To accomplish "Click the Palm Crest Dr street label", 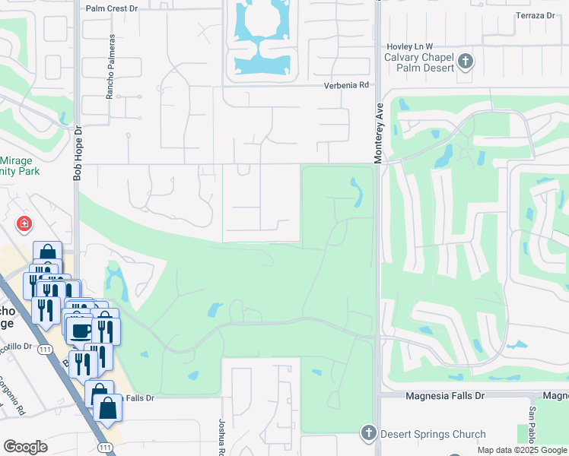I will pos(112,8).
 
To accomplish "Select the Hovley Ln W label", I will pos(410,46).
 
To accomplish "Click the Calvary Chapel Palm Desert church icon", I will pos(466,62).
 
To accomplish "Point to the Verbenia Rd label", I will pos(346,85).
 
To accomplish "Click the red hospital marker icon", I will pos(24,223).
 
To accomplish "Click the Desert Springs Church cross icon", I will pos(368,432).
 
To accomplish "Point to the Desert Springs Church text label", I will pos(433,435).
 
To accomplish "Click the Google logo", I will pos(25,447).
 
